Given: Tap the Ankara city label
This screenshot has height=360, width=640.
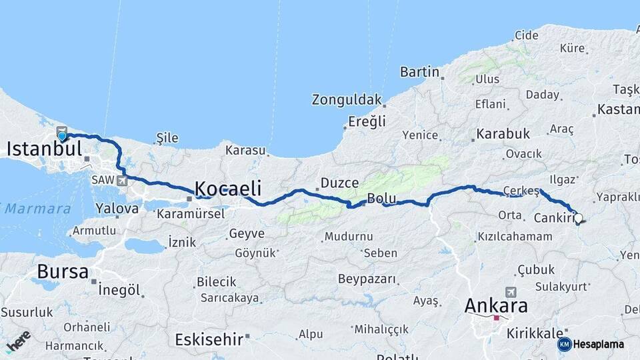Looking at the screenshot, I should pyautogui.click(x=496, y=306).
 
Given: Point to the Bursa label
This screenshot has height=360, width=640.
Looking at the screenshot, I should pyautogui.click(x=63, y=271).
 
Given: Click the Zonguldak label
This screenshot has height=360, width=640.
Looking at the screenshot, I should pyautogui.click(x=347, y=100).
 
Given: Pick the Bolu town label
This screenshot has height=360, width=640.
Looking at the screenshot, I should pyautogui.click(x=382, y=199).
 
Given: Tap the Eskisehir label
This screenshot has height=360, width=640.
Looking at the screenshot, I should pyautogui.click(x=209, y=339).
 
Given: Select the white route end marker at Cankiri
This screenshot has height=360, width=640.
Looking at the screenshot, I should pyautogui.click(x=578, y=217).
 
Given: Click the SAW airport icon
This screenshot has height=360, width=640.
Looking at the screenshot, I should pyautogui.click(x=121, y=180).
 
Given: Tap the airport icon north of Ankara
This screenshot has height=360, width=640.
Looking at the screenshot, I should pyautogui.click(x=511, y=292).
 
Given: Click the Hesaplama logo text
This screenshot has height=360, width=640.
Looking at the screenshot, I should pyautogui.click(x=598, y=344).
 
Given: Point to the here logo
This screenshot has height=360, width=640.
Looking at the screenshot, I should pyautogui.click(x=18, y=341).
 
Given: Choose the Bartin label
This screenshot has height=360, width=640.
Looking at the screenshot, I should pyautogui.click(x=419, y=72).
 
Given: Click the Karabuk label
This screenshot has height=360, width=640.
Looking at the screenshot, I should pyautogui.click(x=503, y=133).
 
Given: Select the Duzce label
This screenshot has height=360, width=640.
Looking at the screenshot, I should pyautogui.click(x=339, y=183).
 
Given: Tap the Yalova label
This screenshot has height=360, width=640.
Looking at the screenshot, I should pyautogui.click(x=117, y=208).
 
